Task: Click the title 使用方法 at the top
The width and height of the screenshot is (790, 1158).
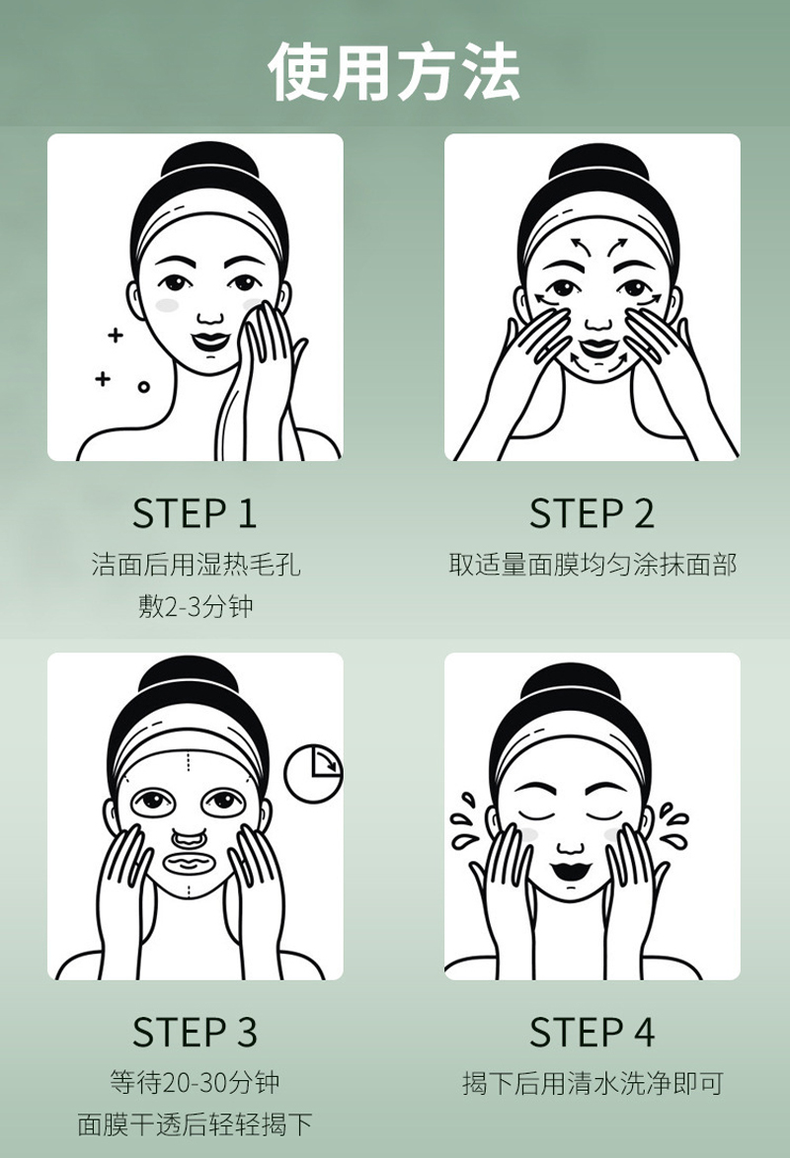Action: click(394, 72)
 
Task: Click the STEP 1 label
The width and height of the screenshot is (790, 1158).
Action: click(195, 513)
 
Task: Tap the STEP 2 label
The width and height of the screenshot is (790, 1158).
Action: click(592, 513)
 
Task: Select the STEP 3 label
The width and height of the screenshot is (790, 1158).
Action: click(195, 1032)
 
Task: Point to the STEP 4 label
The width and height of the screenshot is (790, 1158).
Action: click(592, 1032)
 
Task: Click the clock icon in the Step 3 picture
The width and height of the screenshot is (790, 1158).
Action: click(314, 773)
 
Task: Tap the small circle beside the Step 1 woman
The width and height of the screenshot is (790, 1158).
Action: click(144, 387)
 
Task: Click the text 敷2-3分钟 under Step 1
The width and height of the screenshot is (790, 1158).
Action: click(196, 606)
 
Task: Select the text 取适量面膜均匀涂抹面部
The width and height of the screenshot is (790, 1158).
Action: click(592, 565)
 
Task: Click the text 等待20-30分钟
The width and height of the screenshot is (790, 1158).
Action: click(196, 1083)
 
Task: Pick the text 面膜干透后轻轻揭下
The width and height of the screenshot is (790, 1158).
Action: click(196, 1124)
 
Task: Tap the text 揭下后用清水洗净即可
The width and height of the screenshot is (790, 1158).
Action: click(592, 1083)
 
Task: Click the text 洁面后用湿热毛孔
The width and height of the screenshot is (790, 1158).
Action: click(196, 565)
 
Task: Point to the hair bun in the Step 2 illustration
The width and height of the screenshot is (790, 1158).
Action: click(597, 165)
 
